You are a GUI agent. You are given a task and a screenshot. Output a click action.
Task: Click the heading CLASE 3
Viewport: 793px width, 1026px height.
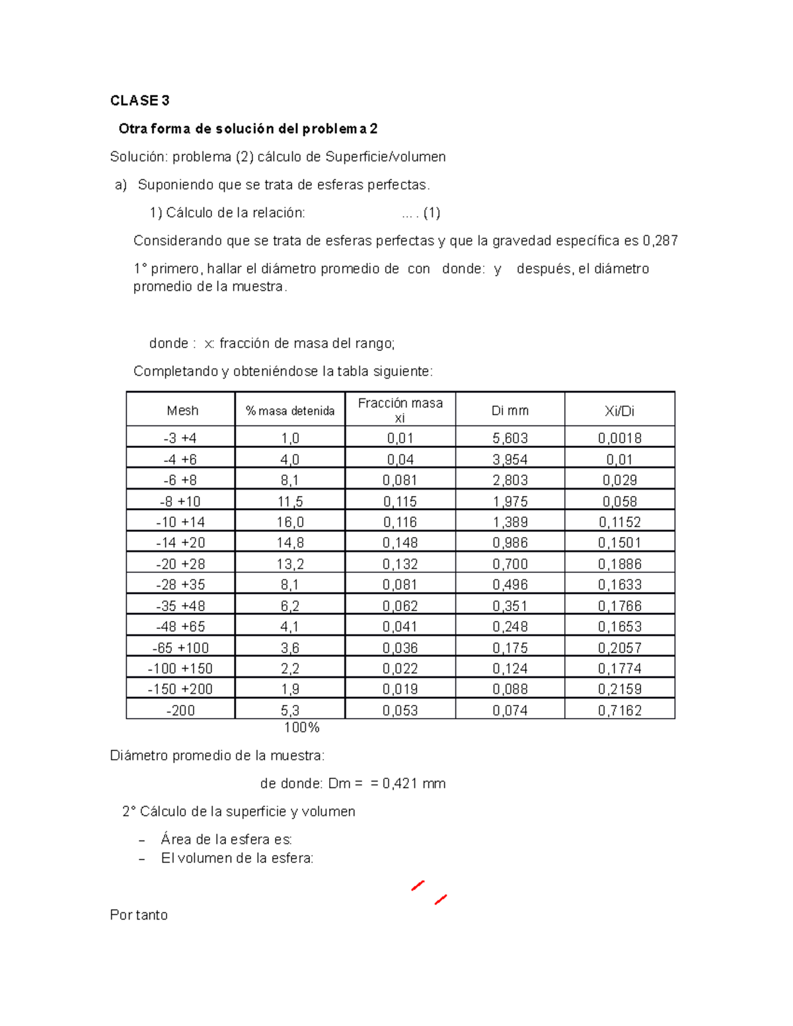139,100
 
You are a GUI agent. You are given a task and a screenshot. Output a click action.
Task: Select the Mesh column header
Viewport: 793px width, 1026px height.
182,410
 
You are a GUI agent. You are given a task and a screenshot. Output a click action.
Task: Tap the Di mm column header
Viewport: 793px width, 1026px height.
510,410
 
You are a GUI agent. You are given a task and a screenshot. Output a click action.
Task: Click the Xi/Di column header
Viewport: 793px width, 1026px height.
619,410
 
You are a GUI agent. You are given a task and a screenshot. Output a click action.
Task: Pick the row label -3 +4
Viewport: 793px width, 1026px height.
180,438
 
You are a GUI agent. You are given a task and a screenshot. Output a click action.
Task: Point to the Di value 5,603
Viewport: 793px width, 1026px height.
510,438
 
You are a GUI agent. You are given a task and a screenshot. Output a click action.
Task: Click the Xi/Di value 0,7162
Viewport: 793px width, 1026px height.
619,710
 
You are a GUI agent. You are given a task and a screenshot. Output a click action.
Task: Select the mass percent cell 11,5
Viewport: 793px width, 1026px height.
290,501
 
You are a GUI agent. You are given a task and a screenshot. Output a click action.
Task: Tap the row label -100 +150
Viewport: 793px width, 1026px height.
180,668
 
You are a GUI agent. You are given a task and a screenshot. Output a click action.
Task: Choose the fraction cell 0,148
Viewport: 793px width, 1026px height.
400,542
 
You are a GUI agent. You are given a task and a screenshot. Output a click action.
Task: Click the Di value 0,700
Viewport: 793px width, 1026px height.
510,564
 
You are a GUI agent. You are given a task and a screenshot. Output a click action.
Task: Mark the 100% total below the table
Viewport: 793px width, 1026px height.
301,727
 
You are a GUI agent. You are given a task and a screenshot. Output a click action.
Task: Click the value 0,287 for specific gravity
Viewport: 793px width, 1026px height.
660,240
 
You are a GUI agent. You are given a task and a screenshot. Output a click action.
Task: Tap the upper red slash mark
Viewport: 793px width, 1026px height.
418,885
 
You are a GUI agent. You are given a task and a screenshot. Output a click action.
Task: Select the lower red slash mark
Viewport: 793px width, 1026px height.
441,899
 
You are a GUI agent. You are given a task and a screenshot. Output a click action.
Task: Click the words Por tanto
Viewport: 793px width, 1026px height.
139,915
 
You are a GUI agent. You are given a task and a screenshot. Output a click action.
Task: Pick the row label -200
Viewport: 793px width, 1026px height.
180,710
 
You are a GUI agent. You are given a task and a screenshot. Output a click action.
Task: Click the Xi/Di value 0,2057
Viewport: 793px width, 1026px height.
619,647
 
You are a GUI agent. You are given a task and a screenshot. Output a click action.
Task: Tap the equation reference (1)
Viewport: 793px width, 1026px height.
432,213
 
